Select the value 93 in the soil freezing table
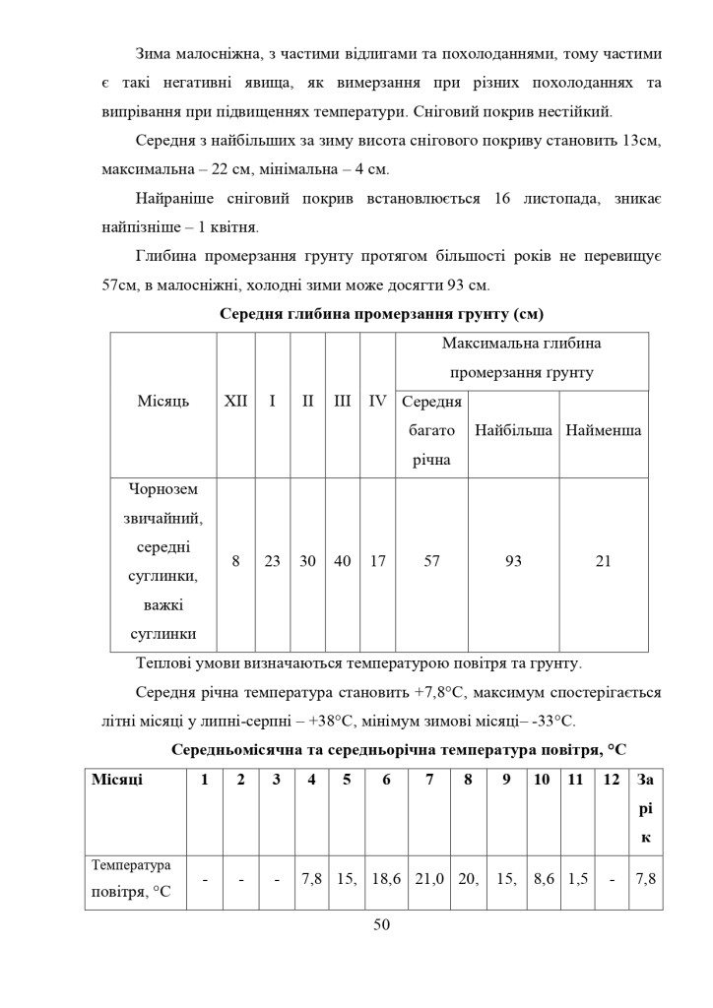(x=513, y=561)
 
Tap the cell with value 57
(x=431, y=561)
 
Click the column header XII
(x=235, y=402)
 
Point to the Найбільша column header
(x=513, y=431)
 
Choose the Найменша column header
(x=604, y=431)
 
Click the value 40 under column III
(x=343, y=561)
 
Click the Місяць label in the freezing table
(x=162, y=402)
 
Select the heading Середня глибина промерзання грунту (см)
(x=381, y=314)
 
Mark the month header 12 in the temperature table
(x=612, y=780)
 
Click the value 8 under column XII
(x=235, y=561)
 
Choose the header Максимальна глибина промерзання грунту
(x=521, y=358)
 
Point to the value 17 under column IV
(x=377, y=561)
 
